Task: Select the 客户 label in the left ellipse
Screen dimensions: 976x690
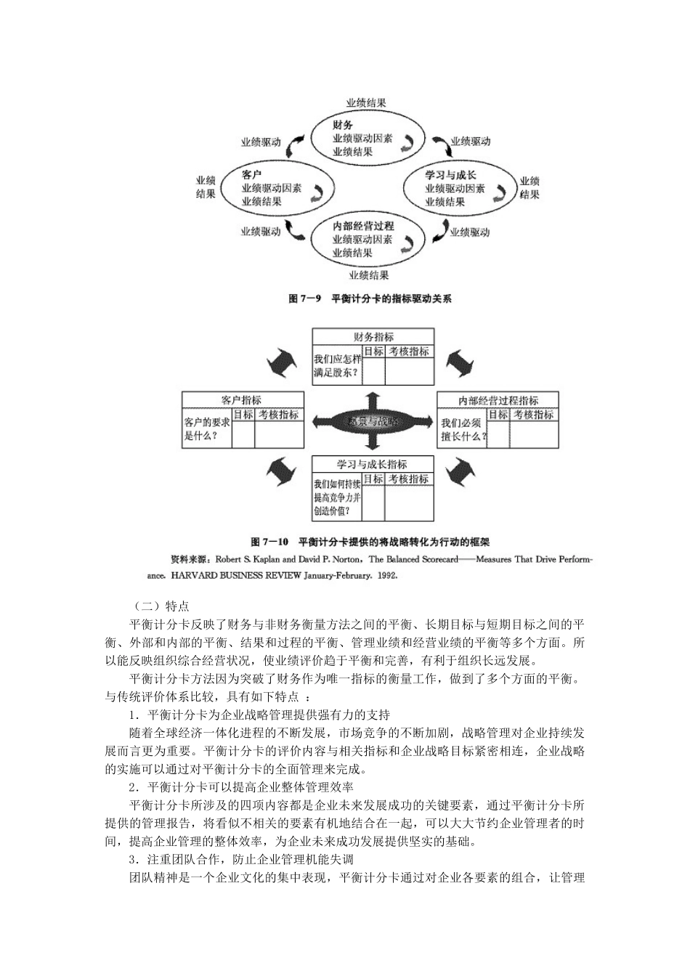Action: click(251, 174)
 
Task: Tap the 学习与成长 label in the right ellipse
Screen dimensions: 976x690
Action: click(450, 174)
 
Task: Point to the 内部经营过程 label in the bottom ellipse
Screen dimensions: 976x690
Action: click(363, 226)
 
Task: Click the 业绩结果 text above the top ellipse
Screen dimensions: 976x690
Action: click(366, 103)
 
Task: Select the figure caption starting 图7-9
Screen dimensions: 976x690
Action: click(370, 298)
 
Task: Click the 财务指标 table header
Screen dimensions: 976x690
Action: click(373, 337)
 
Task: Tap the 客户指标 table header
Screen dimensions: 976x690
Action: click(242, 400)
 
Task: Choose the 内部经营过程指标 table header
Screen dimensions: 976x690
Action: click(498, 400)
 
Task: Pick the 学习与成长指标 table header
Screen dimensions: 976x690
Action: click(373, 464)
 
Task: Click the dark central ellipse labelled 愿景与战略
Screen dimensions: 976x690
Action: click(373, 421)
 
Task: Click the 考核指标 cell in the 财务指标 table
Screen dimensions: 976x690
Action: click(409, 351)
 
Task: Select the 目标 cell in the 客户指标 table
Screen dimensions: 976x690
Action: click(243, 415)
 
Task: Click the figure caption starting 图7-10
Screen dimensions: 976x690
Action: click(370, 542)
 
